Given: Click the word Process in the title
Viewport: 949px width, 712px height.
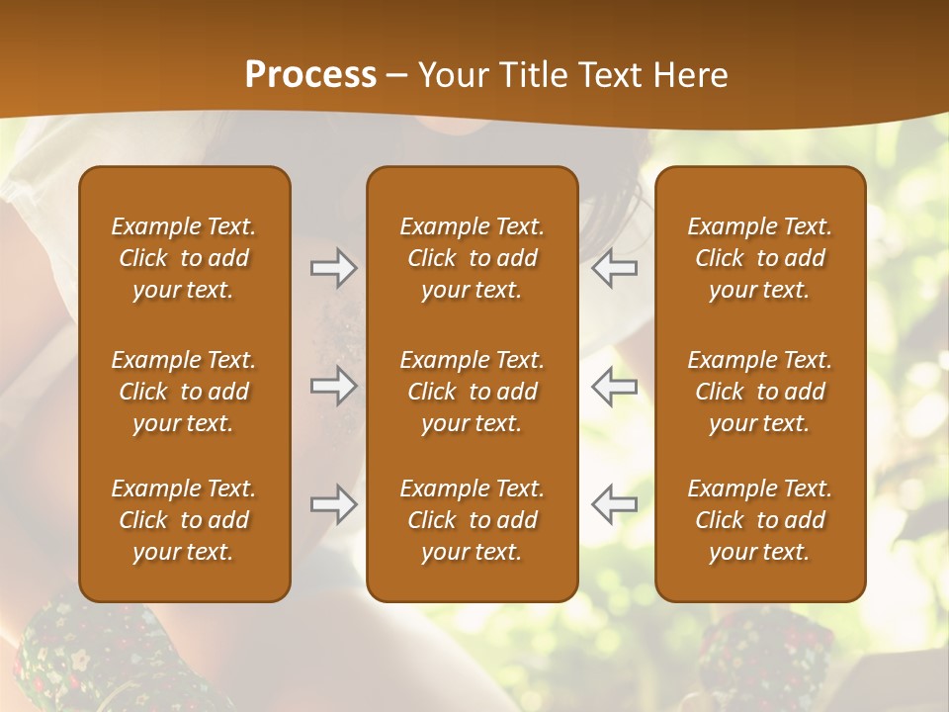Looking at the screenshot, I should click(310, 75).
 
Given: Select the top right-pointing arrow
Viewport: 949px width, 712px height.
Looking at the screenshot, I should click(333, 268).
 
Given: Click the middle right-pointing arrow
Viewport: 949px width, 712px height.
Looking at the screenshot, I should click(333, 386).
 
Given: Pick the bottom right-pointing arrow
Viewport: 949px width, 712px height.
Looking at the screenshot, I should click(333, 504).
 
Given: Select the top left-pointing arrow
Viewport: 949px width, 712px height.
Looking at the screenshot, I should click(614, 268).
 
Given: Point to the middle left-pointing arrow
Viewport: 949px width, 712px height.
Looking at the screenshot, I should click(614, 386).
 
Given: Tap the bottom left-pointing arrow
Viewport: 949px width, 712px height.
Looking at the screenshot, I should click(614, 504).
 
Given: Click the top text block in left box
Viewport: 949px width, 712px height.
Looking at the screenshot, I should click(184, 258).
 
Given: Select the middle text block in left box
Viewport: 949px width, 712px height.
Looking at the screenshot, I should click(184, 392).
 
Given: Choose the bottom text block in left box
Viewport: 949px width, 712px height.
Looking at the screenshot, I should click(184, 520).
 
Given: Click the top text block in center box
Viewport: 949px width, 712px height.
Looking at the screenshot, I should click(472, 258).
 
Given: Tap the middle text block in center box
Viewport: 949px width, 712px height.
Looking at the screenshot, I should click(472, 392).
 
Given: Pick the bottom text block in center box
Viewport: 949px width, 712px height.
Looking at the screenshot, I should click(472, 520).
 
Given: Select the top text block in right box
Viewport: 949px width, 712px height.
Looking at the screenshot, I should click(759, 258).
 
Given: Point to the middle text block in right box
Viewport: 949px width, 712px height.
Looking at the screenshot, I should click(759, 392).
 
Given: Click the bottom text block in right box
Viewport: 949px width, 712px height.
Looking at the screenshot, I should click(759, 520).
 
